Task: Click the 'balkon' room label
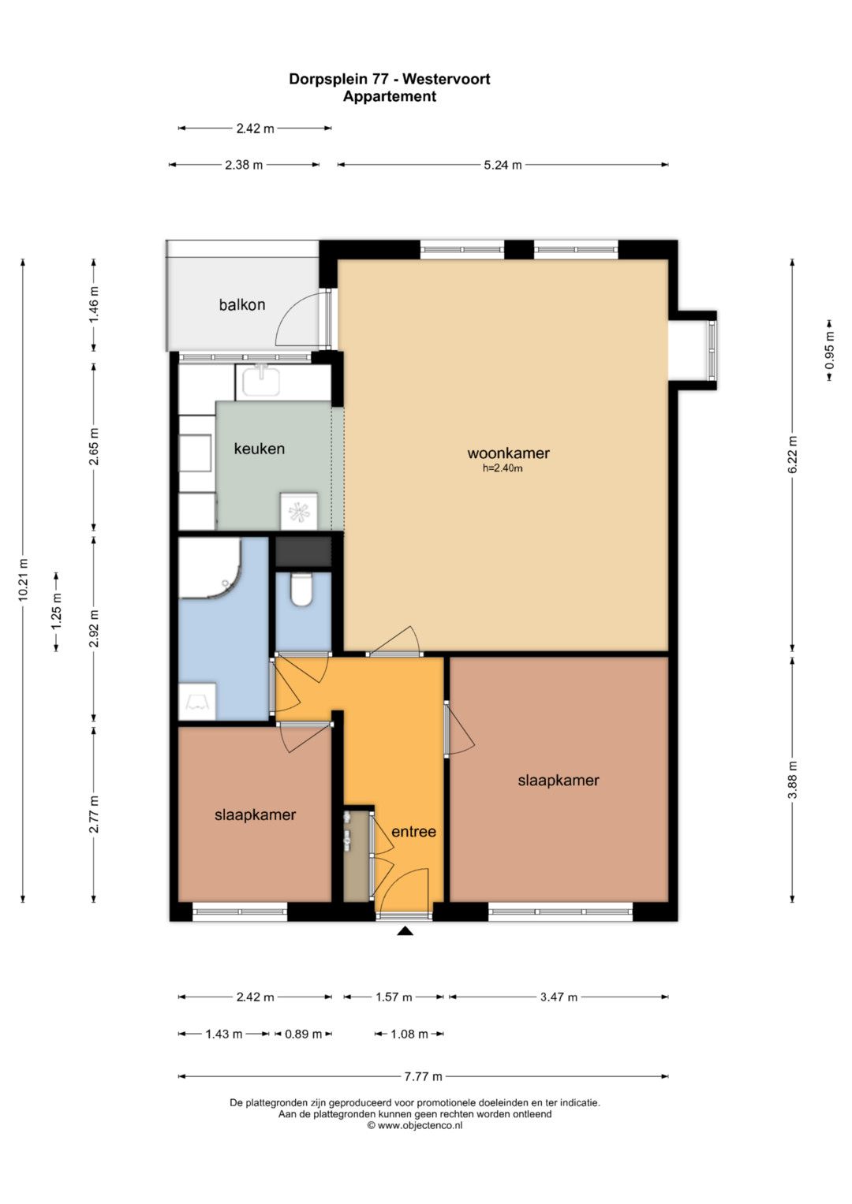tap(242, 305)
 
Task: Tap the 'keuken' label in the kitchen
tap(260, 449)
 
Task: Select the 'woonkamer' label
tap(508, 453)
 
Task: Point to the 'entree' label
tap(413, 832)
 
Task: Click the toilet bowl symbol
tap(301, 589)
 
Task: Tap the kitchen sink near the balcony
tap(261, 381)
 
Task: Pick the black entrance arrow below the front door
tap(405, 931)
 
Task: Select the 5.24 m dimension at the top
tap(503, 165)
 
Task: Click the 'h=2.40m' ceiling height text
tap(503, 468)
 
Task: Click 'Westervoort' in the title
tap(447, 79)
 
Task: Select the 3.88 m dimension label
tap(792, 779)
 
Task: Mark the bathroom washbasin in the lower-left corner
tap(197, 702)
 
